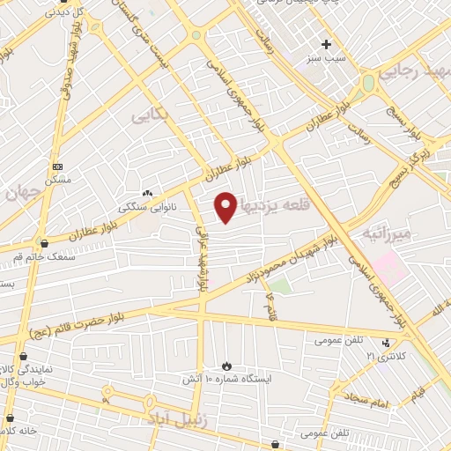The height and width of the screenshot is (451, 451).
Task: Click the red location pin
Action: [226, 206]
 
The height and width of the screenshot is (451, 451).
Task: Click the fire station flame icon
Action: [226, 365]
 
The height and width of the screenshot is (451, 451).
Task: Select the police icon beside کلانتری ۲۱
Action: [387, 343]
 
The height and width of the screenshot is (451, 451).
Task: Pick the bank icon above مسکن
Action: [58, 166]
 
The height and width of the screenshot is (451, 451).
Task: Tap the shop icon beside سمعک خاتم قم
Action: [43, 243]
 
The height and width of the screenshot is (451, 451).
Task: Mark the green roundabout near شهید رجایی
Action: [368, 82]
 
